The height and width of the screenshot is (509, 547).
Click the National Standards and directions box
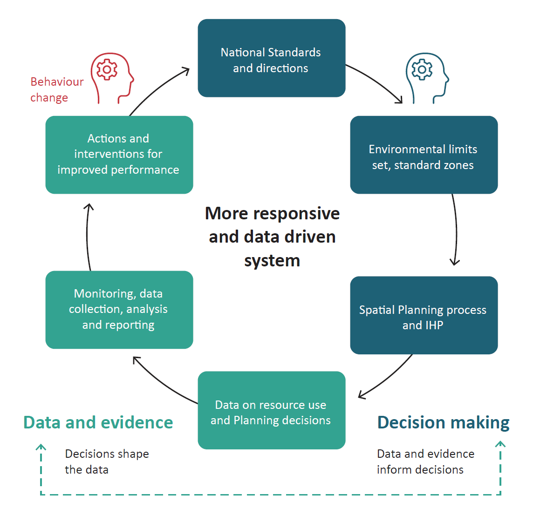271,58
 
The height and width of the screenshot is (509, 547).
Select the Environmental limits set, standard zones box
424,155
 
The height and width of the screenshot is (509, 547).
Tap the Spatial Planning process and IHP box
424,315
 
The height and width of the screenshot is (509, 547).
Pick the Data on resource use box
271,410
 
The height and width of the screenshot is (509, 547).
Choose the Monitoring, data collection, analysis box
119,310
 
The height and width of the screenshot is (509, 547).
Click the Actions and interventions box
119,155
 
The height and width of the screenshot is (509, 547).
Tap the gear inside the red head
107,70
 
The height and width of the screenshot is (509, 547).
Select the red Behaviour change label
56,89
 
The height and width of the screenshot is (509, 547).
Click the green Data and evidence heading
98,422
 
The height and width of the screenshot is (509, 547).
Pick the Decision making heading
443,422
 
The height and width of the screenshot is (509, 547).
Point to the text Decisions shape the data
107,461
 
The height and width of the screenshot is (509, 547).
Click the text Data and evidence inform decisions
425,461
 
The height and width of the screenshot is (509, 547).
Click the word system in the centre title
272,260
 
